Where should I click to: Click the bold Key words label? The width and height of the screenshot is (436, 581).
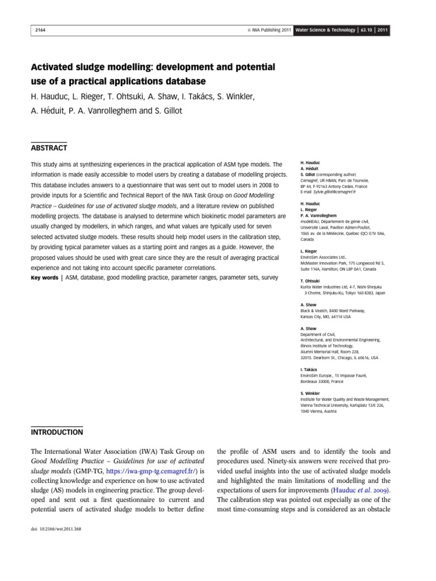(x=44, y=278)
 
